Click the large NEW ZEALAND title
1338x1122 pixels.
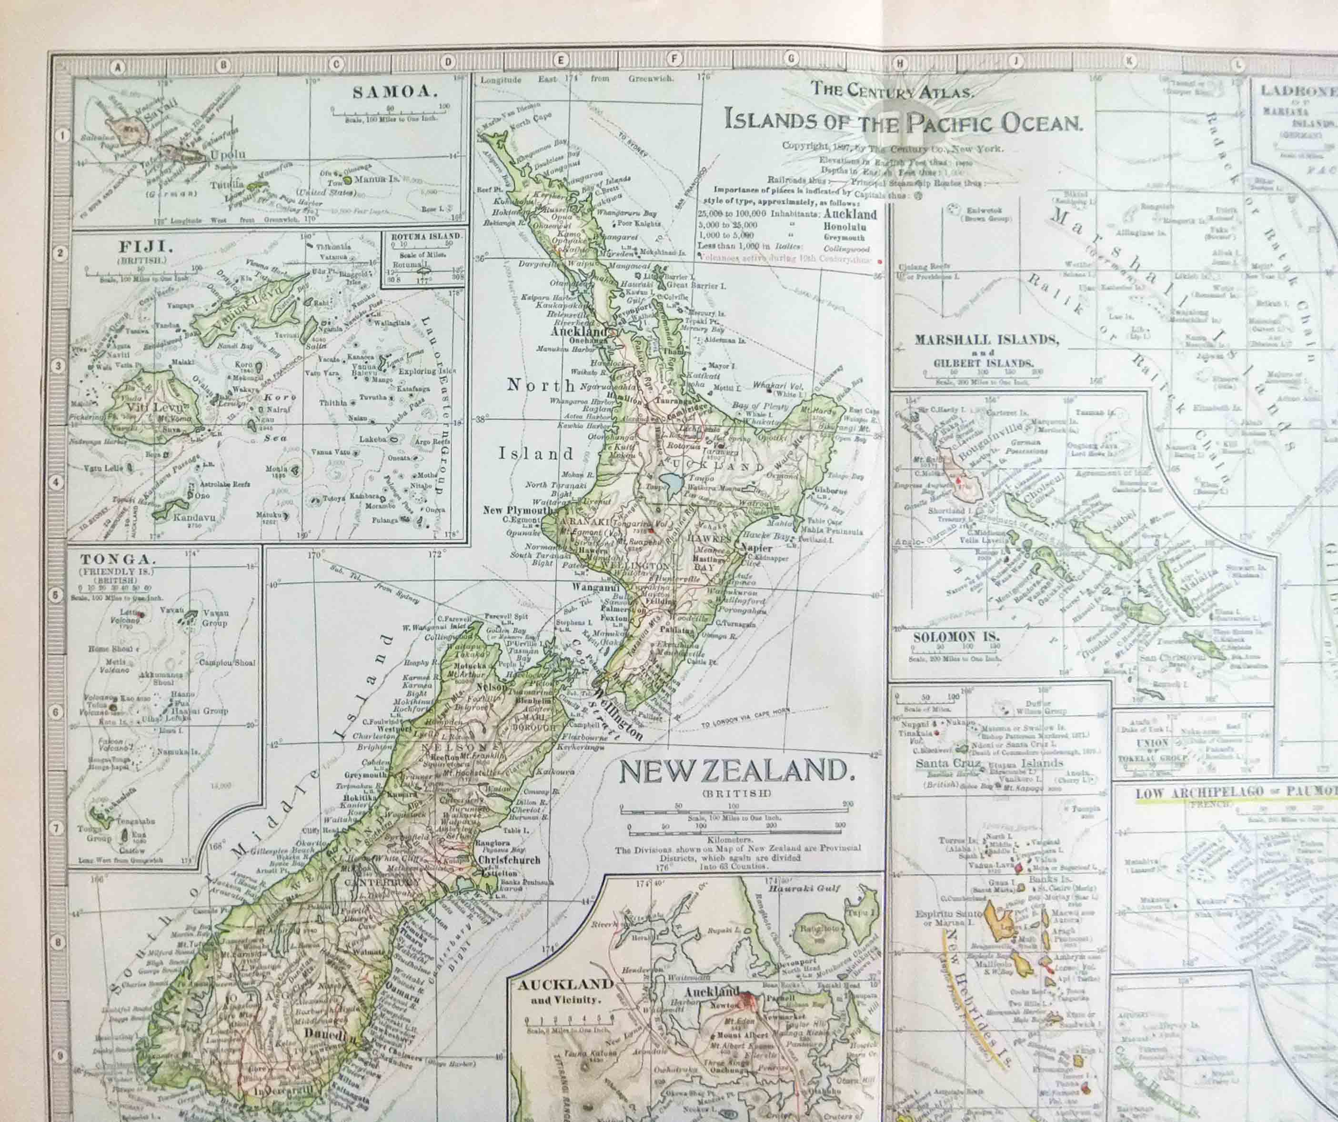pos(736,772)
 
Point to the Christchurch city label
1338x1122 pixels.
pos(508,860)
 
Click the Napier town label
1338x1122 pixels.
pos(756,548)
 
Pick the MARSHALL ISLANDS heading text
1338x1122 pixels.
pos(987,340)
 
